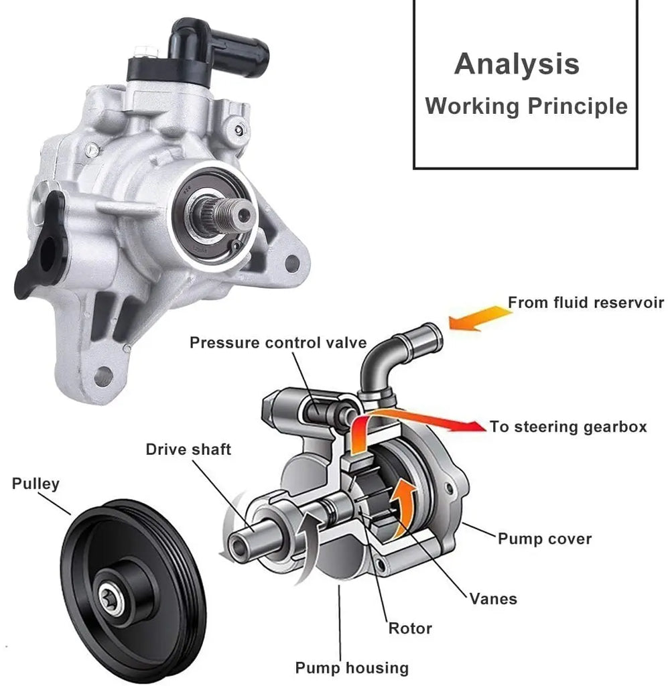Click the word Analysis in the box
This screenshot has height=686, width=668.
tap(517, 64)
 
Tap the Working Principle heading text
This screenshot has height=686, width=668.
tap(526, 106)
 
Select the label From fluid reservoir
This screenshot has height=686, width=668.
tap(586, 302)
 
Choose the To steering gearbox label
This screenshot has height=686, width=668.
tap(568, 427)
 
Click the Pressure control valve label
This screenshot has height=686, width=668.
tap(278, 343)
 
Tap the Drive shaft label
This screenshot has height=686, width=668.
tap(188, 449)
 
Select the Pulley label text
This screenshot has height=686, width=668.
tap(36, 483)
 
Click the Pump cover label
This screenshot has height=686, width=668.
tap(544, 538)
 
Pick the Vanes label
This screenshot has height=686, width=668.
tap(493, 598)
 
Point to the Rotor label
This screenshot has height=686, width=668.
tap(410, 628)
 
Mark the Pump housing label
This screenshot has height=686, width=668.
tap(352, 667)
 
